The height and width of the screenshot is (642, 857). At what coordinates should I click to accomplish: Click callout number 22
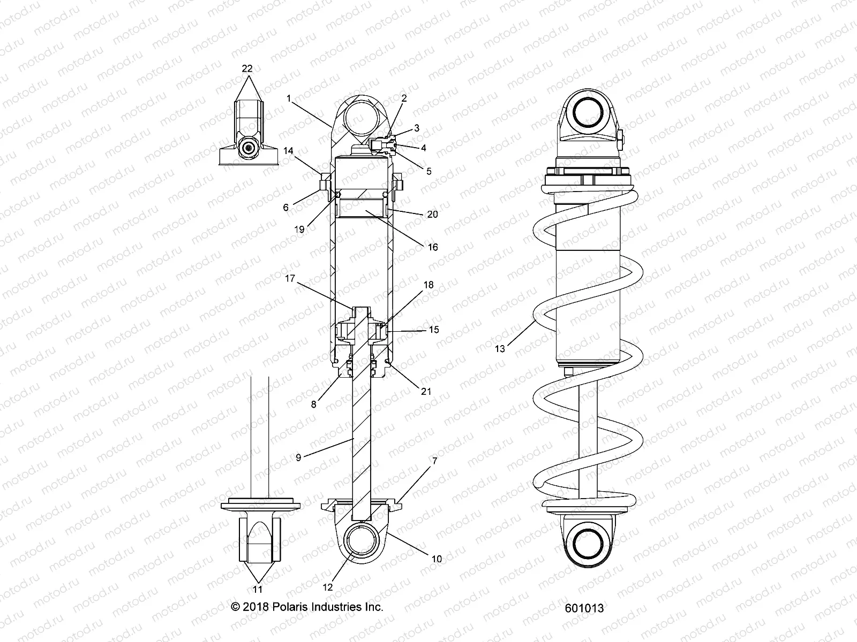click(247, 68)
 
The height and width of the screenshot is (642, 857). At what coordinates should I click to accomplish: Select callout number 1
click(289, 98)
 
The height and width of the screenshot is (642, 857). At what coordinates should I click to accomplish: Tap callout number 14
click(288, 151)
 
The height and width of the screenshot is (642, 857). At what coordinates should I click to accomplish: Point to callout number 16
click(432, 247)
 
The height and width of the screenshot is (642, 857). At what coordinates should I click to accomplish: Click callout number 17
click(290, 278)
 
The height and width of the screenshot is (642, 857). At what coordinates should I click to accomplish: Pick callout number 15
click(434, 330)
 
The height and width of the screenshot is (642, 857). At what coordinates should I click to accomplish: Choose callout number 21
click(426, 392)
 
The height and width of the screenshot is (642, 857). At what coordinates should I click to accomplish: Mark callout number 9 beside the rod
click(299, 457)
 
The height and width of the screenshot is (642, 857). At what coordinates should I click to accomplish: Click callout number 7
click(434, 476)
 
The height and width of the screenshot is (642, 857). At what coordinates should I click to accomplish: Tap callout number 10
click(437, 559)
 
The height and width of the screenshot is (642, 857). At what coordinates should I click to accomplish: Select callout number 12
click(327, 587)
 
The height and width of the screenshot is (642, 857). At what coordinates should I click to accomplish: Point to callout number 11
click(258, 590)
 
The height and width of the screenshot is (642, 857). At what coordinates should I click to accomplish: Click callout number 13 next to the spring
click(499, 349)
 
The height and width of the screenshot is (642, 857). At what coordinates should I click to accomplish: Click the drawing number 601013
click(584, 608)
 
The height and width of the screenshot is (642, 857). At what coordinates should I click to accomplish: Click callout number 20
click(432, 214)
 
